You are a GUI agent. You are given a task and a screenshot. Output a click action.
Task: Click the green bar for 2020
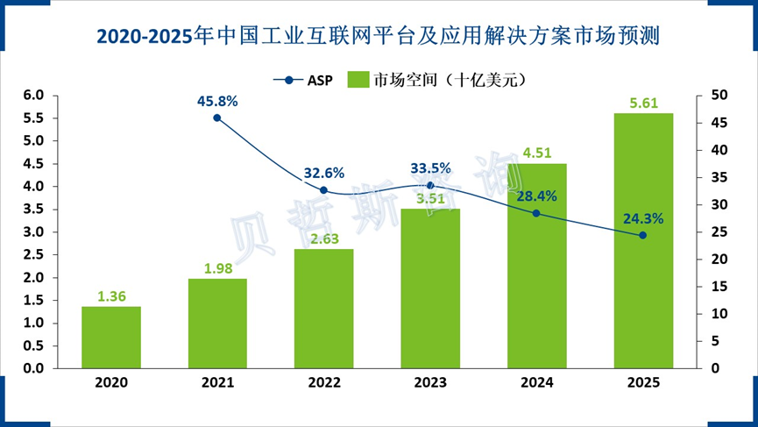click(111, 338)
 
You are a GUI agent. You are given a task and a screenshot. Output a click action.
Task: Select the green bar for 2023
click(430, 288)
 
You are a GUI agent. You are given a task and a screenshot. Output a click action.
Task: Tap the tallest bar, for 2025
click(643, 241)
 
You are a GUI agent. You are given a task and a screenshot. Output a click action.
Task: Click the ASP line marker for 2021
click(217, 117)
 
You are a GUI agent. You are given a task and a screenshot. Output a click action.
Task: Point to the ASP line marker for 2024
click(536, 213)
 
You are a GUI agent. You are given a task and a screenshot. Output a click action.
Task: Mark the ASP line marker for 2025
click(642, 235)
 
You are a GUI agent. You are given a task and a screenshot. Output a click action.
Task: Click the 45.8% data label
click(217, 101)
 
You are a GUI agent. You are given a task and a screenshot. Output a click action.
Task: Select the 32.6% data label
click(324, 173)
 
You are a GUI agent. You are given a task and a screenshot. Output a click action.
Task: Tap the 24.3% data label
click(642, 218)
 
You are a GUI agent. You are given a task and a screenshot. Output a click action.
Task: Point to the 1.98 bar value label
click(217, 269)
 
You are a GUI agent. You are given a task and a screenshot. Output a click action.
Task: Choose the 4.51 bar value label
click(536, 154)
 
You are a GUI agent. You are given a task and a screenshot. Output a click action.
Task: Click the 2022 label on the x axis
click(324, 382)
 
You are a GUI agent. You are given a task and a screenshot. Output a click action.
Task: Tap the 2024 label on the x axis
click(536, 382)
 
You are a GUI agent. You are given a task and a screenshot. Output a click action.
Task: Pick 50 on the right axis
click(716, 95)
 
